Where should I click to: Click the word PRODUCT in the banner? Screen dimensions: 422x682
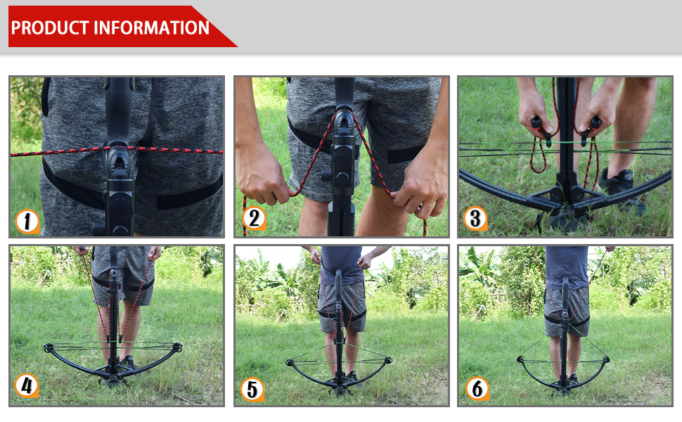49,28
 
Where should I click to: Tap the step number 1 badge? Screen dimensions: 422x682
27,222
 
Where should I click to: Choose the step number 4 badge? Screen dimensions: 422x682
27,385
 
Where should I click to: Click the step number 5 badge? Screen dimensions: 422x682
252,388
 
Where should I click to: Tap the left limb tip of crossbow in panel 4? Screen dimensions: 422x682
48,348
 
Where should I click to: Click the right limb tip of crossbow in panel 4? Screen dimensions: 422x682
176,347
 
